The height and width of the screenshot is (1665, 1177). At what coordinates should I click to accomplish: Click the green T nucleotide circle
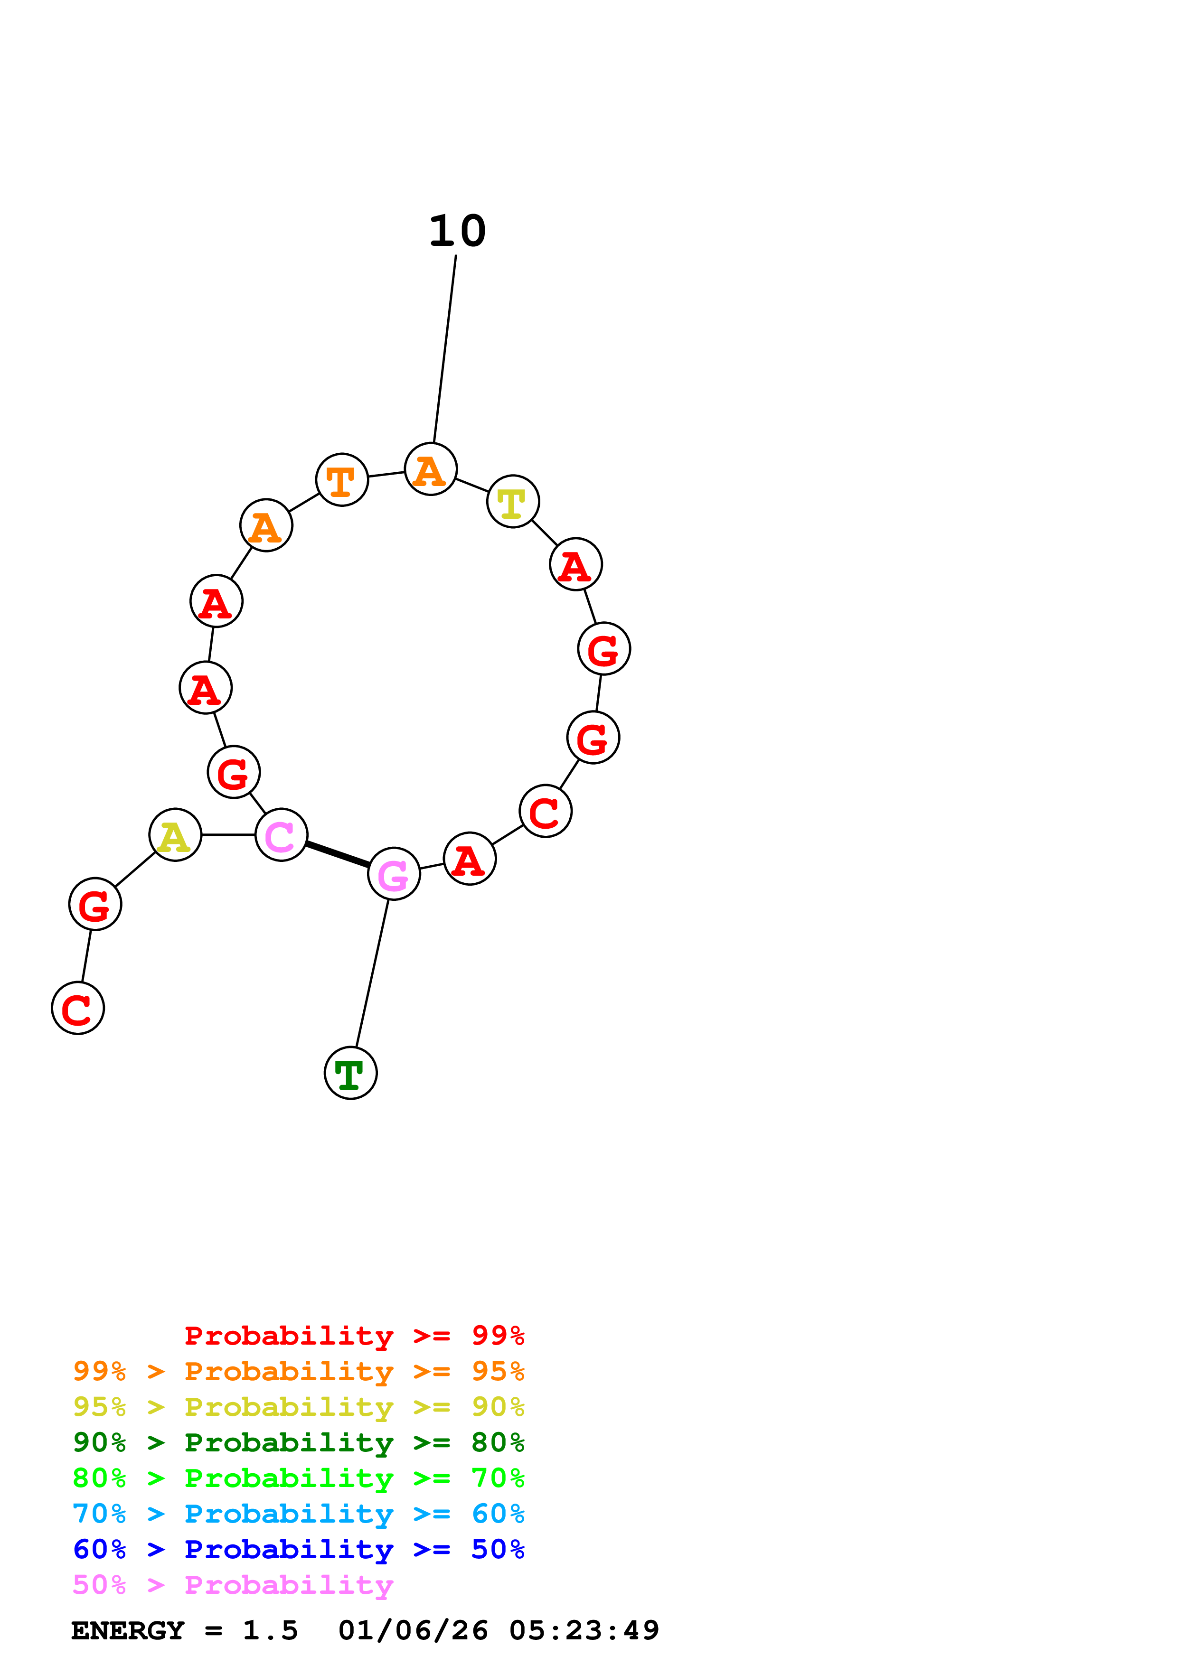tap(350, 1073)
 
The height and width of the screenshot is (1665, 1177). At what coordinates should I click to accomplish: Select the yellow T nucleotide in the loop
tap(513, 502)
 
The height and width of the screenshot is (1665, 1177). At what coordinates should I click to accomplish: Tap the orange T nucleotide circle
tap(341, 480)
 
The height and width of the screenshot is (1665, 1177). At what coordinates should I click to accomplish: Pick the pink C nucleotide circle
tap(282, 835)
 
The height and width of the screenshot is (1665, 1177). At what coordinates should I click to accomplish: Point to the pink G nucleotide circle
tap(394, 873)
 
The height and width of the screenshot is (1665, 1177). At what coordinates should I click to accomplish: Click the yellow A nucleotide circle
tap(175, 835)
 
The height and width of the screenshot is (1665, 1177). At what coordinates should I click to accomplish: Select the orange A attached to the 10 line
tap(431, 469)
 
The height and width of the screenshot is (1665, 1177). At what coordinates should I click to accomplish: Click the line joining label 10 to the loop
tap(444, 348)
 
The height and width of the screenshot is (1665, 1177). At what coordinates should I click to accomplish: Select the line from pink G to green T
tap(372, 973)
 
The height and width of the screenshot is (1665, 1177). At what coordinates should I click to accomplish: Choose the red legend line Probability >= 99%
tap(354, 1335)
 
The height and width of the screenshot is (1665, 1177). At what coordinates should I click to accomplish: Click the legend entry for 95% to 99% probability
tap(298, 1371)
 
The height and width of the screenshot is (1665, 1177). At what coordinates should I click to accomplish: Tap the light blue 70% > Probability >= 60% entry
tap(298, 1514)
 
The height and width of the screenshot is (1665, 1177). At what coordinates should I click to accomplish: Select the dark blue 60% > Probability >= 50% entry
tap(298, 1549)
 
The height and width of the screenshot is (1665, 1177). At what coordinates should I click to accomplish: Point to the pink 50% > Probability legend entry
tap(233, 1584)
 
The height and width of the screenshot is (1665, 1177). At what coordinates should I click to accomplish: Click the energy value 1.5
tap(270, 1630)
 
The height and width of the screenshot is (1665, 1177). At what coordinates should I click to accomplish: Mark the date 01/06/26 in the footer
tap(413, 1630)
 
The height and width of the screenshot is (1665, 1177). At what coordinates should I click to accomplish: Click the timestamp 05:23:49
tap(584, 1630)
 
